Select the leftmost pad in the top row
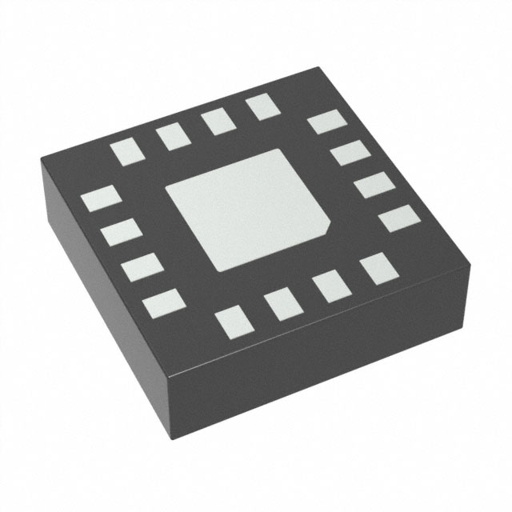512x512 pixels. (x=125, y=151)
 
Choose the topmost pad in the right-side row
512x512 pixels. (x=324, y=122)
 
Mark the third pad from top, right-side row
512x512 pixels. (x=370, y=186)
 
